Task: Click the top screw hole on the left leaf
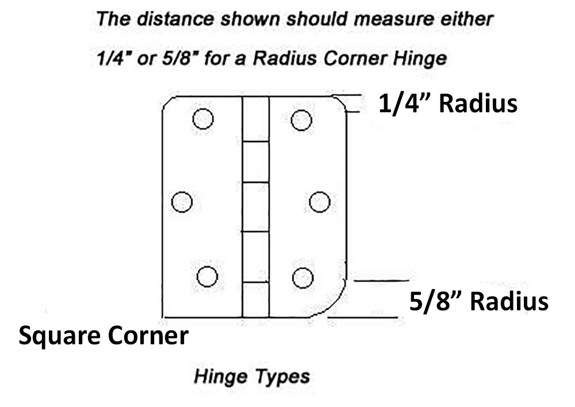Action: (202, 119)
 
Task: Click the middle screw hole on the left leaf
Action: (182, 201)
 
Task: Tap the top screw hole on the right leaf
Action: (301, 120)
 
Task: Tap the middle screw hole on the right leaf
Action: (319, 202)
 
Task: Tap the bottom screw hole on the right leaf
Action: (302, 278)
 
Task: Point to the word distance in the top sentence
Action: (169, 19)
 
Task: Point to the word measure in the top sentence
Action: (409, 19)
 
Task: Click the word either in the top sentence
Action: (469, 19)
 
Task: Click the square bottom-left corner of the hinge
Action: (164, 316)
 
